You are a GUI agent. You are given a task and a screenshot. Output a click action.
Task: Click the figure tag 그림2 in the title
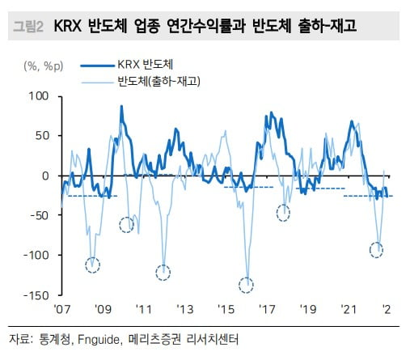coord(29,28)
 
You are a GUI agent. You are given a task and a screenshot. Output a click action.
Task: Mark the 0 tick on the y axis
coord(47,176)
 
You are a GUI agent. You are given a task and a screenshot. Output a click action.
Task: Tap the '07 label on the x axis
coord(62,310)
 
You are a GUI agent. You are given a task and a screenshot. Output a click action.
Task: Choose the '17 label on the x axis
coord(266,310)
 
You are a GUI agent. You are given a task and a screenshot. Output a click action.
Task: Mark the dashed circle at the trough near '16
coord(246,285)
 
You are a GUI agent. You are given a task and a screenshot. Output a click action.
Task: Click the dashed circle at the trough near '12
coord(163,272)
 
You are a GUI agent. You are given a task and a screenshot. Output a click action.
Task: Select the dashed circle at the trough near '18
coord(283,214)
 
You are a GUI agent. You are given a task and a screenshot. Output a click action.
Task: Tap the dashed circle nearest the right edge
coord(376,249)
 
